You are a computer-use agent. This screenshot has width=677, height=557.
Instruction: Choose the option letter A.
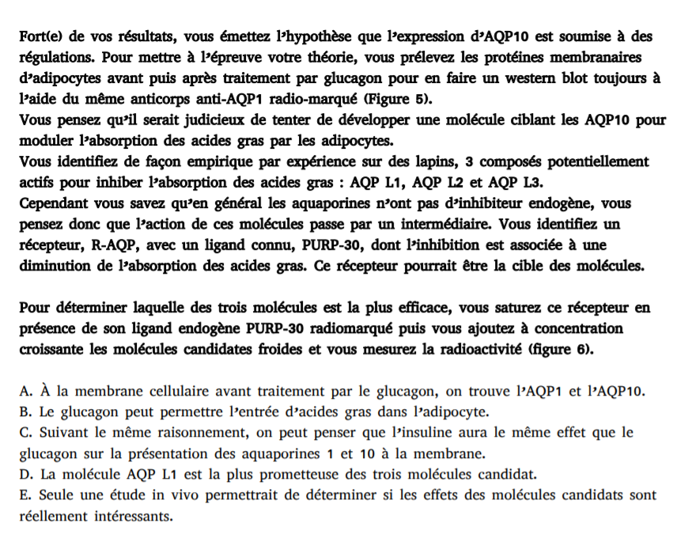click(24, 391)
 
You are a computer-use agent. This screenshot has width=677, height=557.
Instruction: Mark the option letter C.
click(24, 433)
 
